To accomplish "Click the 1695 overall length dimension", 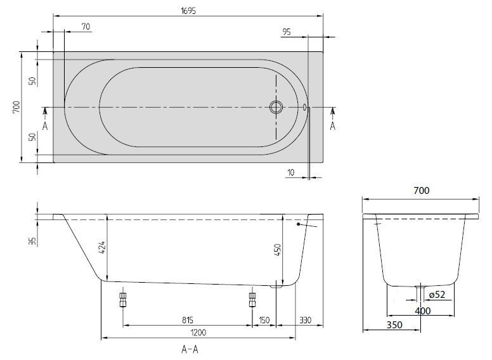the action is tap(188, 11).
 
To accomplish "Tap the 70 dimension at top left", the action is tap(86, 27).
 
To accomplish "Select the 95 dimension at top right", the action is tap(287, 32).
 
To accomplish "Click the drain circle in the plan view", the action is tap(276, 107).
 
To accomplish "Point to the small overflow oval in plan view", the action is tap(304, 107).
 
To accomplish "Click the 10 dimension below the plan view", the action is tap(291, 172).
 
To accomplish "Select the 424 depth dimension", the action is tap(103, 248).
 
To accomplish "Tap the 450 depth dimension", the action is tap(278, 250).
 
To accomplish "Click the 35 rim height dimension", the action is tap(32, 241).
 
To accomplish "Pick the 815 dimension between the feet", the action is tap(188, 320).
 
